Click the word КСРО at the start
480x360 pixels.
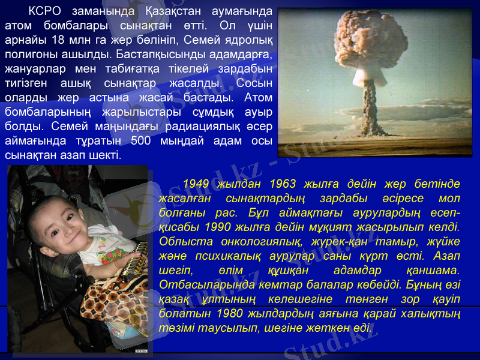47,11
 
